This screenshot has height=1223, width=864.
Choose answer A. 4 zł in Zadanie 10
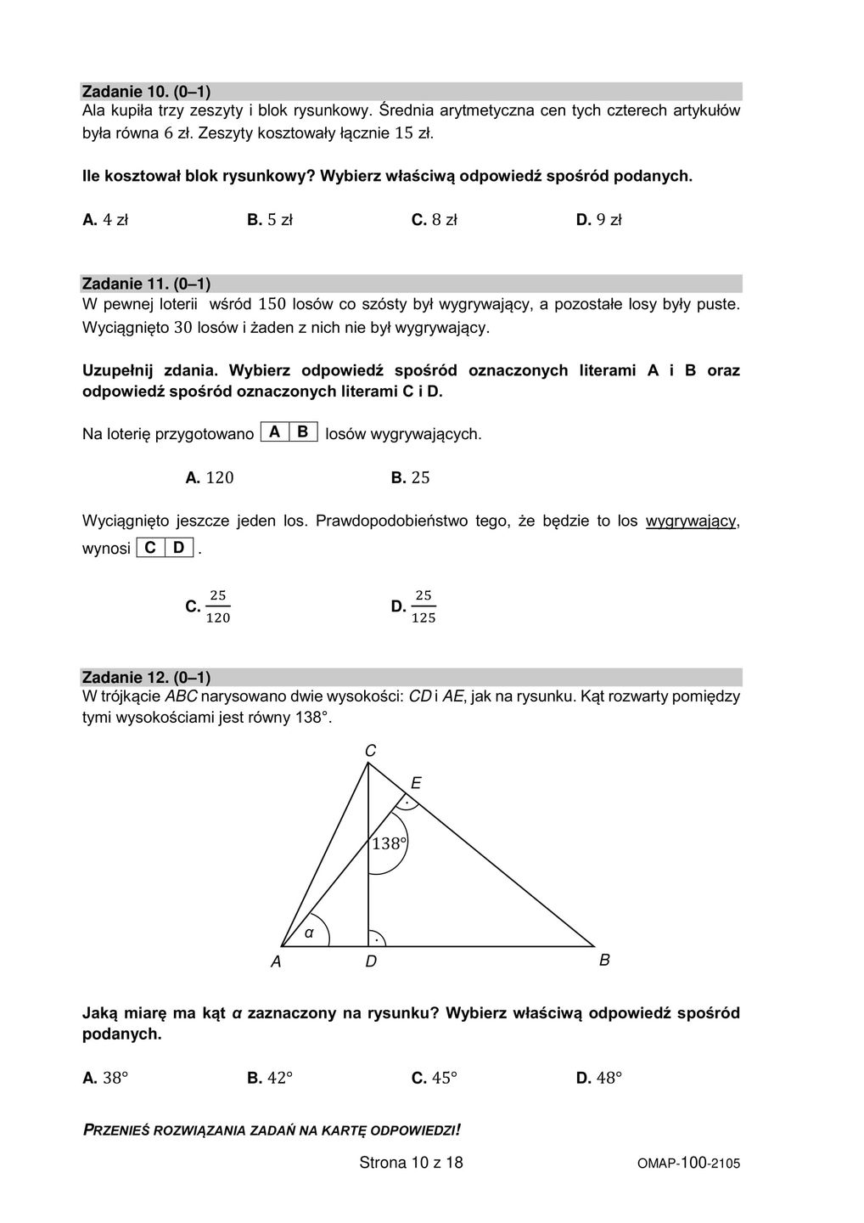(x=105, y=220)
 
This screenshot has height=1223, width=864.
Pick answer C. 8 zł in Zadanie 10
(x=434, y=220)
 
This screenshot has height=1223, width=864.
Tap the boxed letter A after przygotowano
(x=274, y=432)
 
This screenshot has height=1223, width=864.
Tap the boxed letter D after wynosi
(x=178, y=548)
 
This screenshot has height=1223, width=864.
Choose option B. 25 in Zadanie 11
(x=411, y=478)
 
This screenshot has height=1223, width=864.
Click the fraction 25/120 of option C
(x=218, y=606)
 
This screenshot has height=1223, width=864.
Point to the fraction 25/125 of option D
(x=423, y=606)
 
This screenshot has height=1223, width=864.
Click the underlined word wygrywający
(x=691, y=521)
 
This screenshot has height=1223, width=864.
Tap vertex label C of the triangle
(x=370, y=751)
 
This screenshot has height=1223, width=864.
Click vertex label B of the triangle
(x=604, y=960)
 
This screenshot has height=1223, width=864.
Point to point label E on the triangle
(x=416, y=783)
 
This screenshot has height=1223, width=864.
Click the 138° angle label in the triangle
(x=389, y=843)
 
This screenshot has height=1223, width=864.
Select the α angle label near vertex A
(x=309, y=933)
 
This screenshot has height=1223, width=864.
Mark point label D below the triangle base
(x=371, y=961)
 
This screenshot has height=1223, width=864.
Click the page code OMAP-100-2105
(x=688, y=1164)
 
